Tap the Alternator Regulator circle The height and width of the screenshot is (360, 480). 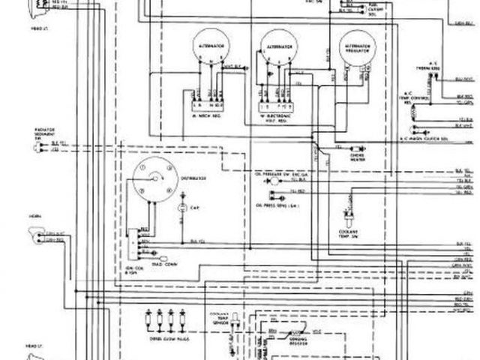point(355,50)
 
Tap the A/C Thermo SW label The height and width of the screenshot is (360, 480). point(438,67)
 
